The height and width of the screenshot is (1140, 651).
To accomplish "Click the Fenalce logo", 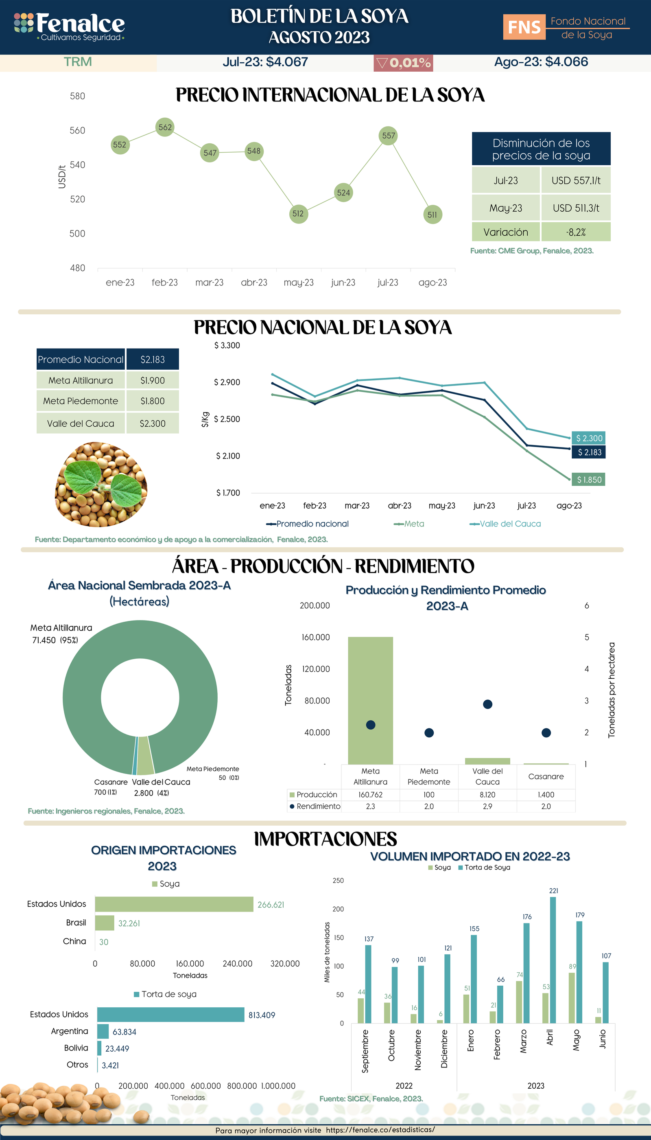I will point(69,26).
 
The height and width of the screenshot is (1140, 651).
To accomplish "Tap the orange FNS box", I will point(524,27).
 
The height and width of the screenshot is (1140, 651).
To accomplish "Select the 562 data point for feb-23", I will point(165,127).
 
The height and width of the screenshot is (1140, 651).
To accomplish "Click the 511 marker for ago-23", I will point(433,215).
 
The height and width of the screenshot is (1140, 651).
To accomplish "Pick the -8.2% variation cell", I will point(575,232).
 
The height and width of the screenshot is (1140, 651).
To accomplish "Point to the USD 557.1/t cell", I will point(575,180).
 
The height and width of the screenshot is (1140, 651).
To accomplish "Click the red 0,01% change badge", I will point(403,63).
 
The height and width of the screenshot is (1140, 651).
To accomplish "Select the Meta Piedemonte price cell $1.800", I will point(153,401).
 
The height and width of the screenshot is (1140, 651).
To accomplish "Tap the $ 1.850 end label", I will point(588,480).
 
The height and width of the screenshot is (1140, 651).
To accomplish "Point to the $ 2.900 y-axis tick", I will point(227,382).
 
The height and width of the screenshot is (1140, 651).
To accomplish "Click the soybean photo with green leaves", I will point(101,484).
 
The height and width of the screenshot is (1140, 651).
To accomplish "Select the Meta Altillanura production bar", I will point(370,700).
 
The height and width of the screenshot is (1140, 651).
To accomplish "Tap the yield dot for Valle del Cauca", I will point(487,704).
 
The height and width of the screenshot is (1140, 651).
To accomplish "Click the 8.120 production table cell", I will point(487,795).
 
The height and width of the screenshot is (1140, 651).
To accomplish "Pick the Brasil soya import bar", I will point(105,923).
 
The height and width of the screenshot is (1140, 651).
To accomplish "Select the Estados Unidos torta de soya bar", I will point(170,1015).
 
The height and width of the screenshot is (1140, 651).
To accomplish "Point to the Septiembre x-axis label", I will point(365,1050).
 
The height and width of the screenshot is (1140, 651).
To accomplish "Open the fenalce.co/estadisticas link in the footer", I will point(380,1130).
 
